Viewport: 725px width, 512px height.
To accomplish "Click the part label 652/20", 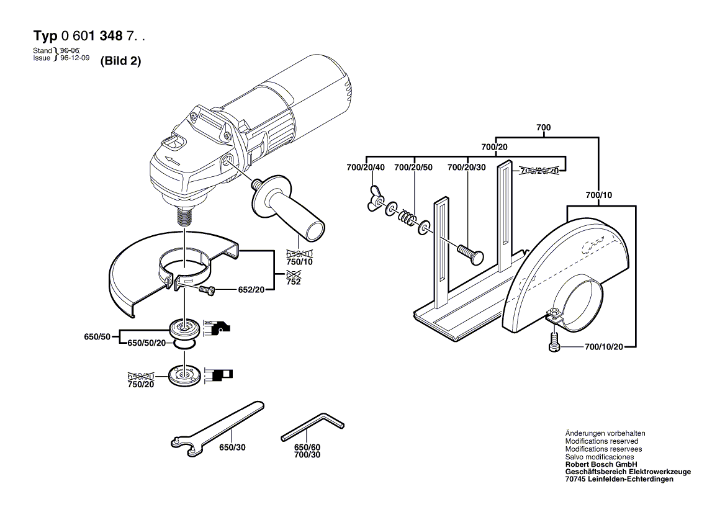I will pos(251,289).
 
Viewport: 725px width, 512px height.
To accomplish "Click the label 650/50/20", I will pos(146,343).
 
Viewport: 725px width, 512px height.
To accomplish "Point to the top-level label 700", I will pos(543,127).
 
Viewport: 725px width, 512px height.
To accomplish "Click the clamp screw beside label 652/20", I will pos(207,289).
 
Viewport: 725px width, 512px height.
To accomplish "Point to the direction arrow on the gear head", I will pos(172,162).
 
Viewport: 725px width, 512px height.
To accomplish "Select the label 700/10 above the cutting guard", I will pos(599,195).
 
